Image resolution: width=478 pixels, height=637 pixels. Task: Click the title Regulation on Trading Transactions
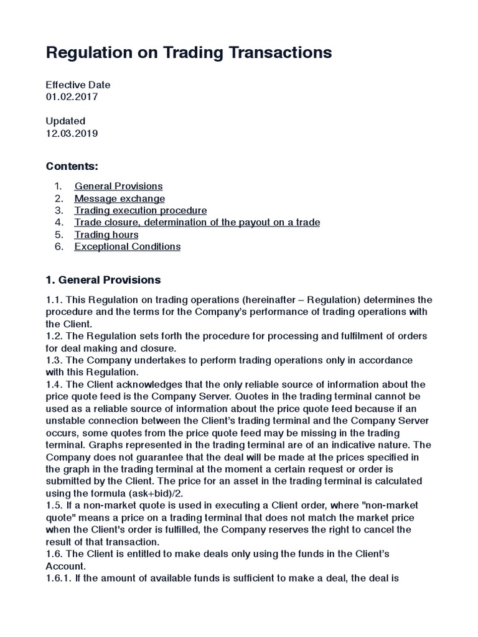pos(189,53)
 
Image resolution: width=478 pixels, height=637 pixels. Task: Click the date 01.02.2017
pos(72,97)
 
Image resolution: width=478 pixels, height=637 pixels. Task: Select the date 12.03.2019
pos(72,133)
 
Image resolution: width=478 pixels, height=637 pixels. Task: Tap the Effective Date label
pos(78,85)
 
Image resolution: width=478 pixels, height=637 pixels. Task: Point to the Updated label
pos(65,121)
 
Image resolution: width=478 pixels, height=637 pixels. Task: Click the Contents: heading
pos(72,167)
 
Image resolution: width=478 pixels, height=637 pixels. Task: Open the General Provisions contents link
pos(118,186)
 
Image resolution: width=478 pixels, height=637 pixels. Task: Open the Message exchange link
pos(119,198)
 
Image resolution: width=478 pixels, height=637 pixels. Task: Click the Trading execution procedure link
pos(141,210)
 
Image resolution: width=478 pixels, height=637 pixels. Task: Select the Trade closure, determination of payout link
pos(197,222)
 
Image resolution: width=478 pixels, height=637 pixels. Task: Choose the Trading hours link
pos(106,235)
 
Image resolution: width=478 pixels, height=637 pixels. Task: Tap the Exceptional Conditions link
pos(128,246)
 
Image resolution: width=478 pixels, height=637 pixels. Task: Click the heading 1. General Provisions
pos(103,280)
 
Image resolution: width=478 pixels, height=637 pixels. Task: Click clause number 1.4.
pos(54,384)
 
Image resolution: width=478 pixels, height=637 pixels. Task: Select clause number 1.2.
pos(54,336)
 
